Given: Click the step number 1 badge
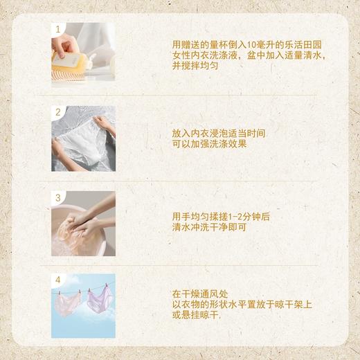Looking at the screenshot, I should click(58, 28).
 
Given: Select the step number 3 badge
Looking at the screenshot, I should click(58, 197).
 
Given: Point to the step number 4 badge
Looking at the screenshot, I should click(58, 280).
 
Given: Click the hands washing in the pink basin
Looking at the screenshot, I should click(83, 225).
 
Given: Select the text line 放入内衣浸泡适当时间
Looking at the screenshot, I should click(218, 132).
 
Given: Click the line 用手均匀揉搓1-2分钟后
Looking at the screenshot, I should click(221, 217).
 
